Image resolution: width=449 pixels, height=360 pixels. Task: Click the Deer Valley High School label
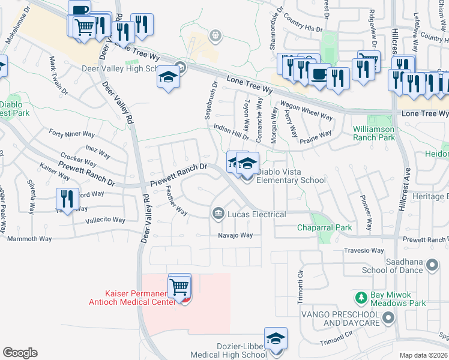(121, 68)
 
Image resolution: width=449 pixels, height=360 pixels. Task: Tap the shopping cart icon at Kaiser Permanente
(180, 286)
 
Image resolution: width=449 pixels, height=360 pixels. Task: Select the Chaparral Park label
(325, 228)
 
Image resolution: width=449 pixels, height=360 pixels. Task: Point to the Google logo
(20, 353)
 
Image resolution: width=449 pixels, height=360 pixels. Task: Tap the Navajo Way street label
(235, 235)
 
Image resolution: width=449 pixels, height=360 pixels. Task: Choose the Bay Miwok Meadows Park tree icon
(361, 298)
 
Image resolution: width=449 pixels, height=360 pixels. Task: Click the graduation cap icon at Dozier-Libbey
(276, 339)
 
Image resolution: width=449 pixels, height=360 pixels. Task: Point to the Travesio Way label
(364, 251)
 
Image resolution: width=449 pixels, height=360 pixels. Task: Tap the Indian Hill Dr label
(231, 131)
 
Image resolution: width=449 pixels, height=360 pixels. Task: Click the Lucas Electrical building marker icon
(217, 213)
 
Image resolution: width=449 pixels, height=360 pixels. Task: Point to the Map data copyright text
(423, 355)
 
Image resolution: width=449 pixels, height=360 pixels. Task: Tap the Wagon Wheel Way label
(306, 110)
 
